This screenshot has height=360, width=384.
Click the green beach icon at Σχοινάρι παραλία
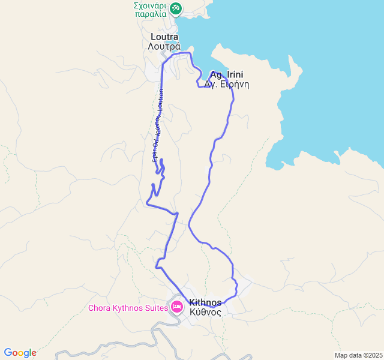176,8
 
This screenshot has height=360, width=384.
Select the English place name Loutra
164,37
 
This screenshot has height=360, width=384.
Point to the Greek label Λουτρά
164,46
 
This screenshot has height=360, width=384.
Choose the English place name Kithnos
205,302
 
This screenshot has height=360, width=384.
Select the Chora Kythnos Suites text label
129,308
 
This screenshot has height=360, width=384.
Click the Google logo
20,353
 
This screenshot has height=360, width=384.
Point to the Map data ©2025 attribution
358,355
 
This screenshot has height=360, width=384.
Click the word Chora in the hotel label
100,308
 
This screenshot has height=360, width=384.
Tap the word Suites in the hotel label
157,308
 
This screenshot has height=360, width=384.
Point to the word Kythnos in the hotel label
128,308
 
